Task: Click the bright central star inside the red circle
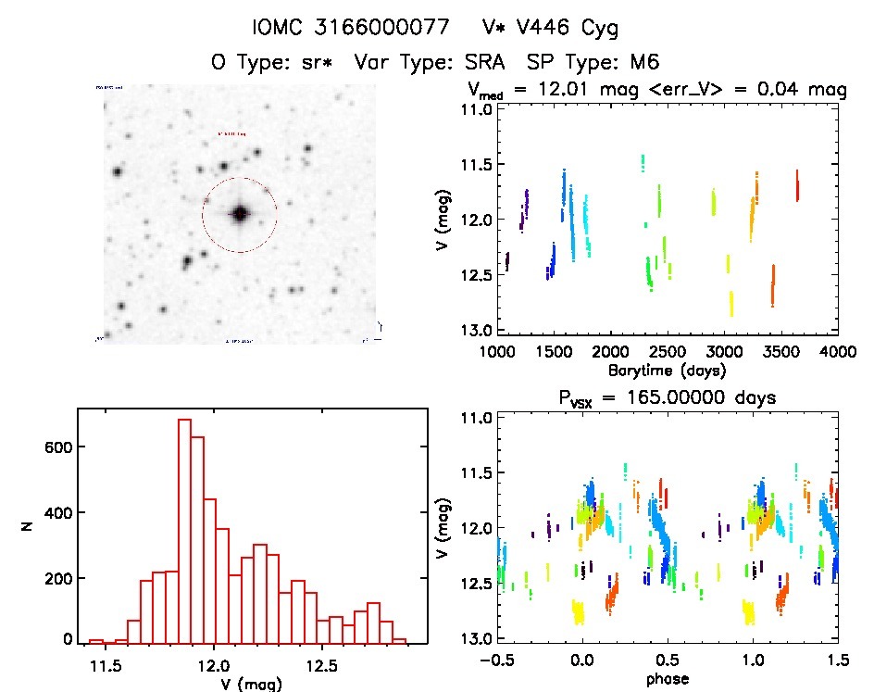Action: click(240, 214)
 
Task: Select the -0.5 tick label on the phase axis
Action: click(494, 661)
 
